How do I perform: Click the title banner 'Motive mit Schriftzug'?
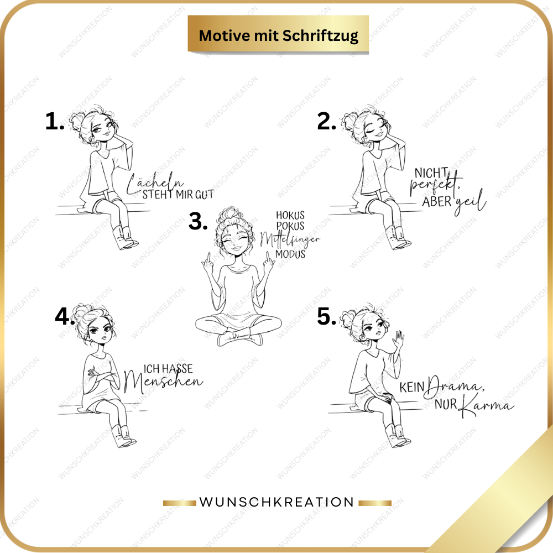point(278,34)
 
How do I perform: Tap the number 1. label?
point(55,121)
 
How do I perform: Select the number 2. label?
point(327,121)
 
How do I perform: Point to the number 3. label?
point(198,221)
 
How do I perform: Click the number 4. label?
point(65,316)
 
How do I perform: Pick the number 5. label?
point(327,316)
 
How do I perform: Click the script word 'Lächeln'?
point(155,184)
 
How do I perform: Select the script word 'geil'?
point(471,202)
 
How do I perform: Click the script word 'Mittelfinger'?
point(290,240)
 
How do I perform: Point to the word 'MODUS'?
point(290,254)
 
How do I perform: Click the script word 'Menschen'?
point(163,382)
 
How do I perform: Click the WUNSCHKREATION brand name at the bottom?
point(277,502)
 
